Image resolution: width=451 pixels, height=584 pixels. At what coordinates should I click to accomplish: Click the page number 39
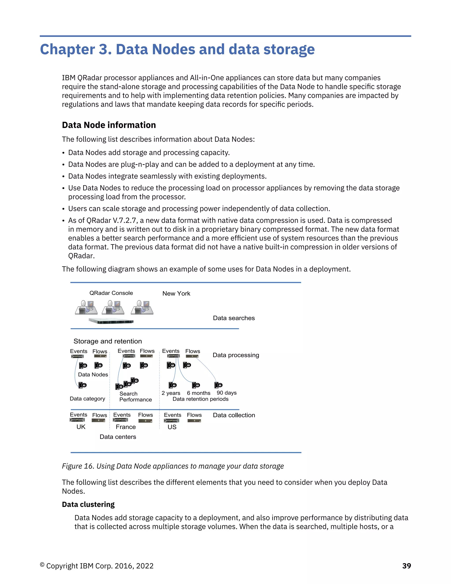click(x=406, y=565)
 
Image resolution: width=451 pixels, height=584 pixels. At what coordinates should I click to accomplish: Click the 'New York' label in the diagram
click(x=176, y=293)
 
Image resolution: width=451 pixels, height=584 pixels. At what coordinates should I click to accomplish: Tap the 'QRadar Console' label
click(x=111, y=293)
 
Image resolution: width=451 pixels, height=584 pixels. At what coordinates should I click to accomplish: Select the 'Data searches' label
click(x=234, y=318)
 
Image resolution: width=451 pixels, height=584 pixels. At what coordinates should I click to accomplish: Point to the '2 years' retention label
click(x=171, y=393)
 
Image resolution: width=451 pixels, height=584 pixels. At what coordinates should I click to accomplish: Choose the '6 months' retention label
click(x=198, y=393)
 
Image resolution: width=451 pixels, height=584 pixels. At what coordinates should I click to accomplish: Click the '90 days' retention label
click(x=227, y=392)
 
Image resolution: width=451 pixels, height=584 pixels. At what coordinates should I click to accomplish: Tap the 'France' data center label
click(x=126, y=427)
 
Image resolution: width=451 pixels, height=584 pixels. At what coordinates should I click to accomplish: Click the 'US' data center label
click(x=172, y=427)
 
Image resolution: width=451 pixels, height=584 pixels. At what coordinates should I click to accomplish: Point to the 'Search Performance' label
click(x=135, y=396)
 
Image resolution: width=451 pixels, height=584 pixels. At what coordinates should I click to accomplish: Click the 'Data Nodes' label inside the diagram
click(x=93, y=374)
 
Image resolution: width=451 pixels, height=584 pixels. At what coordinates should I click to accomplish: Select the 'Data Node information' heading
click(x=109, y=125)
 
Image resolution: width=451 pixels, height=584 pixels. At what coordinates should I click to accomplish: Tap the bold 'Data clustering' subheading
click(x=88, y=504)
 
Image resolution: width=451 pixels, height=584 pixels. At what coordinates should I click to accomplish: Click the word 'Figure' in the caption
click(x=72, y=466)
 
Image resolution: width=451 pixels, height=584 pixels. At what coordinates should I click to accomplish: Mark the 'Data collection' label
click(x=234, y=415)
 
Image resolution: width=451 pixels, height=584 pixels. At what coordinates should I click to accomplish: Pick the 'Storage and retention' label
click(x=107, y=341)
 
